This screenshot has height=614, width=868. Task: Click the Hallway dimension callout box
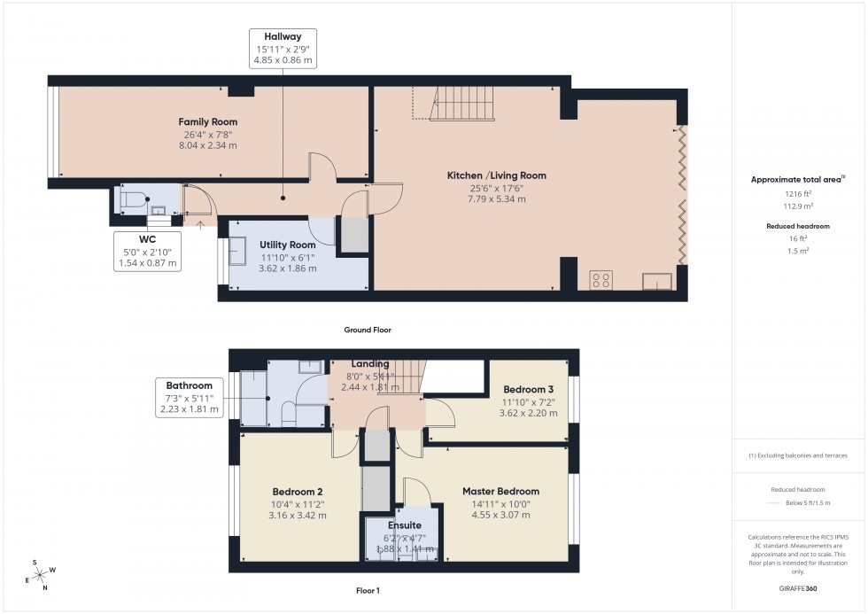click(283, 49)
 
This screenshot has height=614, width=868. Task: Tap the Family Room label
click(208, 122)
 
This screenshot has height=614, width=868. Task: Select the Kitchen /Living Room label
click(496, 175)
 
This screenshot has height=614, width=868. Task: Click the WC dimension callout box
click(147, 251)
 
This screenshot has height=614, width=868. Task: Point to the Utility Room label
click(288, 245)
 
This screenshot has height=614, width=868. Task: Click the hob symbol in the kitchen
click(601, 280)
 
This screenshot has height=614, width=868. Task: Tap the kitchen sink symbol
click(657, 281)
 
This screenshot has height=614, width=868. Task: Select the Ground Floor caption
click(368, 330)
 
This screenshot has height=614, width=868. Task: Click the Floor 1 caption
click(368, 590)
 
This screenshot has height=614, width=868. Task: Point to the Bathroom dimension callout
click(189, 398)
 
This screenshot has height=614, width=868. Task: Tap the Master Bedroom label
click(500, 491)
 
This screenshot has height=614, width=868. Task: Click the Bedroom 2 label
click(297, 492)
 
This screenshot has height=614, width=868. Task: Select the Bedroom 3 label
click(528, 389)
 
